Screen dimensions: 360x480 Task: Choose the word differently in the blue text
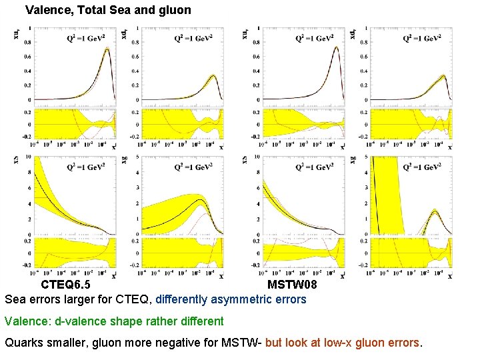186,299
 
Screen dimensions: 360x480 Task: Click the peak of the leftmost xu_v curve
107,48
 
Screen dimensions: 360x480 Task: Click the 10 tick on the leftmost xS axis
27,157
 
